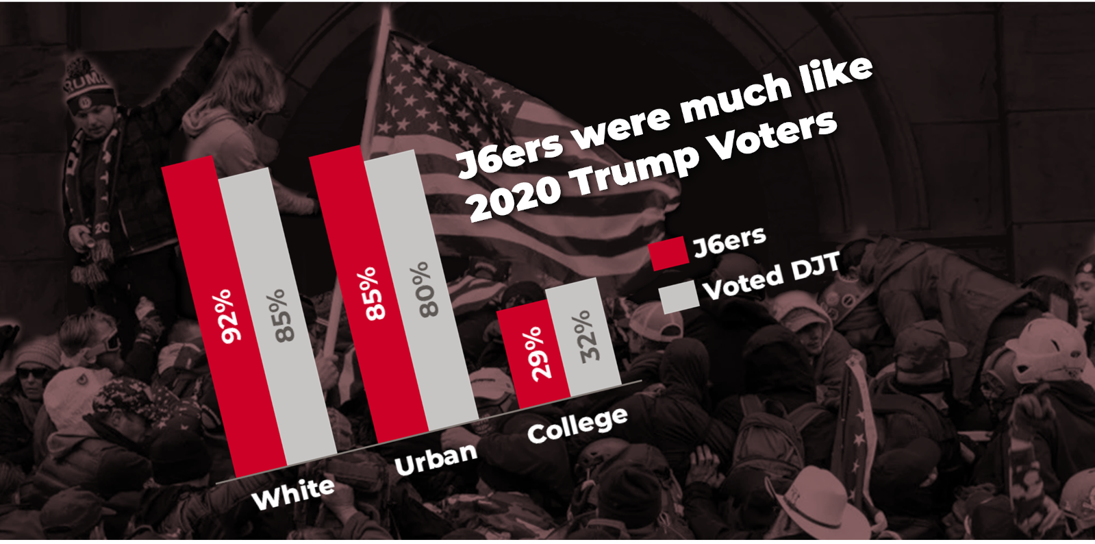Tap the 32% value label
pos(587,336)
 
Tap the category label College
pos(577,425)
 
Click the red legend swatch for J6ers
pos(668,254)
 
